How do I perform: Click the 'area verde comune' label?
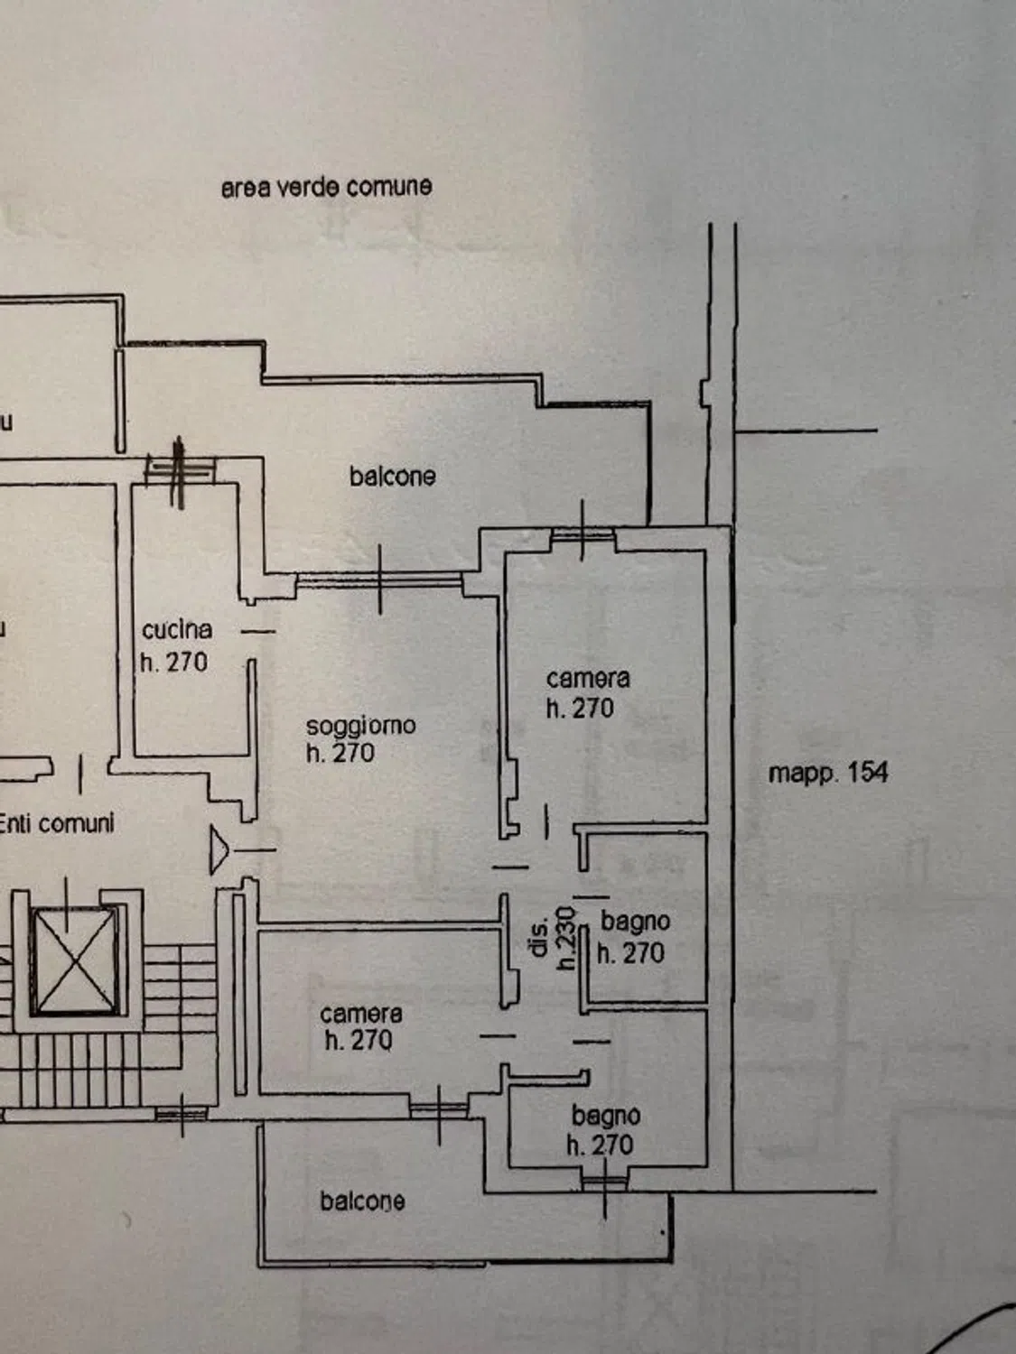(x=326, y=187)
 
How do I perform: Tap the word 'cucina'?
(x=177, y=630)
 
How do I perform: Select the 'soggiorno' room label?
(x=361, y=726)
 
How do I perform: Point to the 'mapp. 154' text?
(x=828, y=773)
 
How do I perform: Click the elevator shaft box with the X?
(x=75, y=960)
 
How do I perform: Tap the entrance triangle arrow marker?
(x=219, y=850)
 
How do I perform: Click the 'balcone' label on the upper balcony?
(x=392, y=477)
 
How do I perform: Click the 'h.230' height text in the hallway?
(x=566, y=938)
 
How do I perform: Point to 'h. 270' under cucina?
(x=174, y=663)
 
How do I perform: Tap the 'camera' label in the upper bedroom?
(x=588, y=679)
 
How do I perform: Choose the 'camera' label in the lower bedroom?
(x=361, y=1014)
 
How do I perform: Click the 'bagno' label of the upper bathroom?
(x=636, y=923)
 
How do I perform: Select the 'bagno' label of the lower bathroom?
(x=606, y=1116)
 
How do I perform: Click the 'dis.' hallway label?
(x=539, y=938)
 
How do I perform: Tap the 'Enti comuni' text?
(x=57, y=824)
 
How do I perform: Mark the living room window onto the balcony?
(x=379, y=579)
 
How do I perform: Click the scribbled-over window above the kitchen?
(x=180, y=472)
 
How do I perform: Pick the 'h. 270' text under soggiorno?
(x=340, y=753)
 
